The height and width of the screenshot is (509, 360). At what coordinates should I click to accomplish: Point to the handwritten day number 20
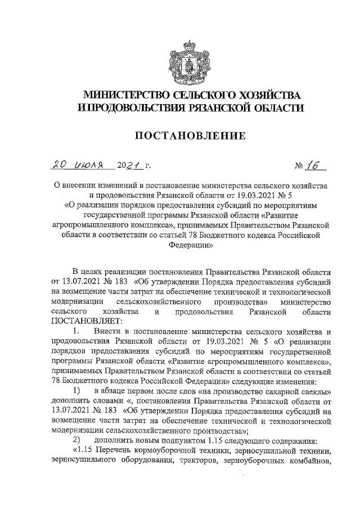click(x=58, y=165)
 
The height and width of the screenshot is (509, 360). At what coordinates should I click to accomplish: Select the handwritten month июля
click(x=87, y=165)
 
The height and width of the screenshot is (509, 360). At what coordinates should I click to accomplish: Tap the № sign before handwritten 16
click(x=299, y=166)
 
